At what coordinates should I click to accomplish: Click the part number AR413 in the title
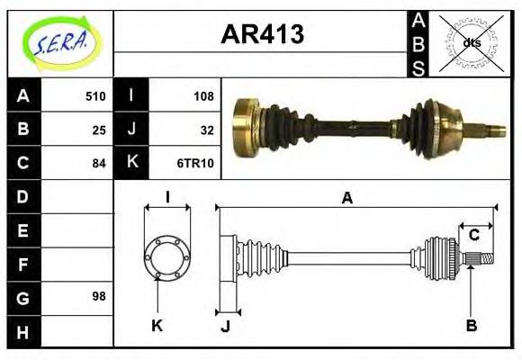(262, 35)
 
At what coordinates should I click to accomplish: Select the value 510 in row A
(95, 96)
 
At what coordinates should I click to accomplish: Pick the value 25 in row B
(100, 130)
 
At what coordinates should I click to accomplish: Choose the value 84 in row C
(99, 164)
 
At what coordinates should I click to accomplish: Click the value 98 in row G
(99, 296)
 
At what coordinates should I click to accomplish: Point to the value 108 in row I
(203, 96)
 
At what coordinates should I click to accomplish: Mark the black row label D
(22, 196)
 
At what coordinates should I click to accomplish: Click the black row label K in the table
(131, 163)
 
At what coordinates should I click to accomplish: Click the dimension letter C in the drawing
(472, 236)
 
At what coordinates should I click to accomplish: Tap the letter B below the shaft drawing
(471, 325)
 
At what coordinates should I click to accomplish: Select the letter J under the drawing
(225, 326)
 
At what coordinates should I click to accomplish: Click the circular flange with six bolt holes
(167, 257)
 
